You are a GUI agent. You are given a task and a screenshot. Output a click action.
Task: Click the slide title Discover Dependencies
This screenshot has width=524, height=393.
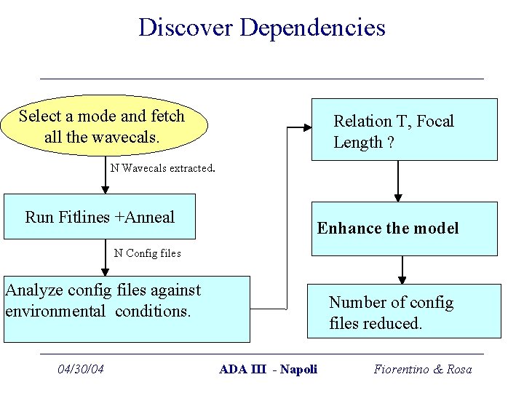coord(262,28)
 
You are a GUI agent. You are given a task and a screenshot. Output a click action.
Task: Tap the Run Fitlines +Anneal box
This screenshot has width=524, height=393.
coord(100,217)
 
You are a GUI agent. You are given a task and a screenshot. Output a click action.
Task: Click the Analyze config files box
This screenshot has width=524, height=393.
coord(127,309)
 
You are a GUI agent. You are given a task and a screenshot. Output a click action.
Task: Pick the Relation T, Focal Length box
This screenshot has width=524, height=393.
coord(404,130)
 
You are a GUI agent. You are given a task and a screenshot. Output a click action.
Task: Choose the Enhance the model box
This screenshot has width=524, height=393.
coord(404,229)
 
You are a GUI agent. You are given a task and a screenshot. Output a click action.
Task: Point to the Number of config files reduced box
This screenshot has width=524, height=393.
coord(404,311)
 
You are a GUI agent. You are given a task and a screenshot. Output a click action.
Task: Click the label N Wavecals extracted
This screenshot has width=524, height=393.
coord(162,168)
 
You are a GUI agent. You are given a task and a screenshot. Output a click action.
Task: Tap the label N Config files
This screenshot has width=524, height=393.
coord(148,253)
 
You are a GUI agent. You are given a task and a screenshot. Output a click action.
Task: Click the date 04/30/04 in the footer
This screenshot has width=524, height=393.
coord(81,369)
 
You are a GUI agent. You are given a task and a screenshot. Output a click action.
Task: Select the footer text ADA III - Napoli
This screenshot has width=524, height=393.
coord(269,369)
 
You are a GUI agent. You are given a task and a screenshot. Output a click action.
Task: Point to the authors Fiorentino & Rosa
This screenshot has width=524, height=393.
coord(423,369)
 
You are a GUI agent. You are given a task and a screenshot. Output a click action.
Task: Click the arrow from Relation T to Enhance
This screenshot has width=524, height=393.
coord(398,180)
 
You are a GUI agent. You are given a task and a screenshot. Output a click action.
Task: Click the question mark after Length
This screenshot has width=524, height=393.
coord(391,143)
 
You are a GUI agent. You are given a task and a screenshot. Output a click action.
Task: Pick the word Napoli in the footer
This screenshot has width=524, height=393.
coord(299,369)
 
